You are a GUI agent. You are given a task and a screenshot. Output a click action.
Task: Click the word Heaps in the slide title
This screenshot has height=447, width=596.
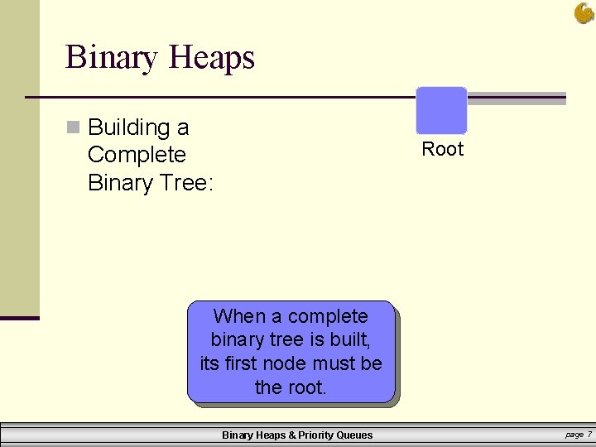tap(211, 58)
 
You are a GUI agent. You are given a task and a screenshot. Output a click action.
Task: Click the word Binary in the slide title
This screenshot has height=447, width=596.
tap(113, 58)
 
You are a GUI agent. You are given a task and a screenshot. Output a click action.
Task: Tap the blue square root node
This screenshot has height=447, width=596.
tap(441, 110)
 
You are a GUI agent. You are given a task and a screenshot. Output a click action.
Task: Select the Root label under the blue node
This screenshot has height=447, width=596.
tap(443, 149)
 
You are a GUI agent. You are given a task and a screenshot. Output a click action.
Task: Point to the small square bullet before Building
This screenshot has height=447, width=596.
tap(73, 127)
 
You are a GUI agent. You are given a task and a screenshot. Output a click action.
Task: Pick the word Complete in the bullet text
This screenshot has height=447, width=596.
tap(137, 155)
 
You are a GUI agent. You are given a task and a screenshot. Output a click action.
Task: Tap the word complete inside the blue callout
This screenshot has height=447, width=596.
tap(327, 316)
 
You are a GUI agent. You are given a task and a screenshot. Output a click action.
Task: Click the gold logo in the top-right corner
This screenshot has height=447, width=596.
tap(584, 13)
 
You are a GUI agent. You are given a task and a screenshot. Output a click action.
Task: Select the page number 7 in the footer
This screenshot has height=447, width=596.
tap(589, 435)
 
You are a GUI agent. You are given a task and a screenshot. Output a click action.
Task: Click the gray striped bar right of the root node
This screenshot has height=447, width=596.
tap(517, 99)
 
